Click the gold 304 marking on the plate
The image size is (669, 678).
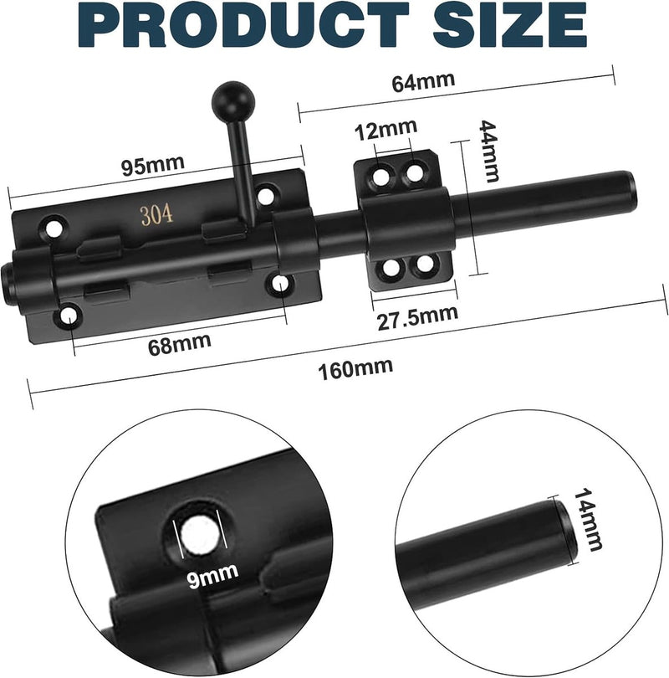click(x=157, y=214)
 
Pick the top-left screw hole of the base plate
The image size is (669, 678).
click(x=56, y=225)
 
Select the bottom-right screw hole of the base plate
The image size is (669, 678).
click(x=278, y=285)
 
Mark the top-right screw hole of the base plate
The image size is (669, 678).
click(x=265, y=196)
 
